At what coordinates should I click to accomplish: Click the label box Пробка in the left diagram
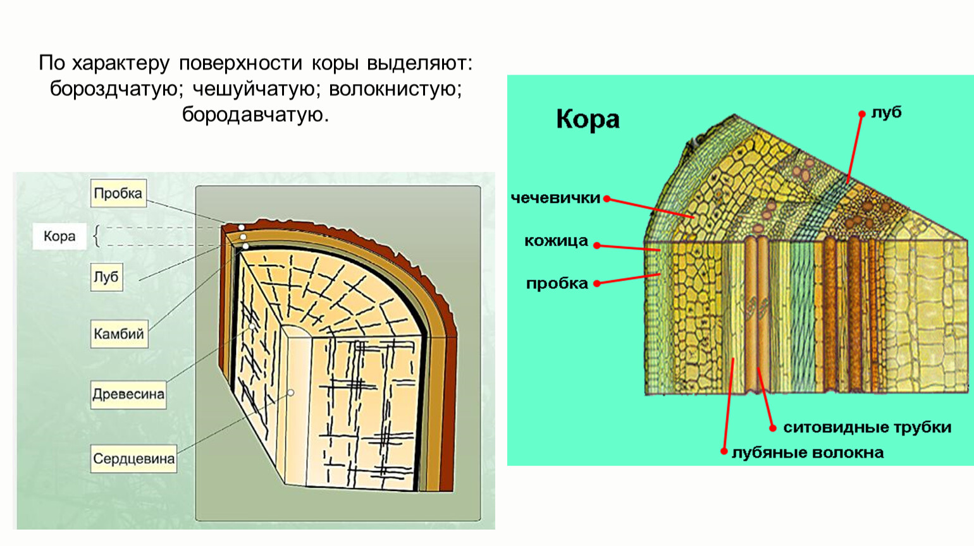pyautogui.click(x=118, y=193)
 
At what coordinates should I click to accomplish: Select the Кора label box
pyautogui.click(x=59, y=236)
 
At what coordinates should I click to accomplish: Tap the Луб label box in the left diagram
pyautogui.click(x=106, y=277)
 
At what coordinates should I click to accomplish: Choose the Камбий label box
pyautogui.click(x=119, y=334)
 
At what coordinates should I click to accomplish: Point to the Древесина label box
pyautogui.click(x=128, y=394)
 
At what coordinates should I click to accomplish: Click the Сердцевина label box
pyautogui.click(x=133, y=459)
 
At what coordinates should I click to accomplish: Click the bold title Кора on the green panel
pyautogui.click(x=588, y=119)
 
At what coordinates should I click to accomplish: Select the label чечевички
pyautogui.click(x=555, y=198)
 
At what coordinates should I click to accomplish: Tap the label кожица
pyautogui.click(x=556, y=241)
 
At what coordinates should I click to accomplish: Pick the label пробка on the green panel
pyautogui.click(x=557, y=284)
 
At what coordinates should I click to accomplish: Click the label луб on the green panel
pyautogui.click(x=886, y=112)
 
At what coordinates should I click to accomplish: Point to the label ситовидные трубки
pyautogui.click(x=867, y=428)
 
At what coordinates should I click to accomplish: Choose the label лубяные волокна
pyautogui.click(x=808, y=452)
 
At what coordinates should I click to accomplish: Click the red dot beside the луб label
pyautogui.click(x=861, y=114)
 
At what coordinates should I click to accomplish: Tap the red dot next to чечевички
pyautogui.click(x=607, y=198)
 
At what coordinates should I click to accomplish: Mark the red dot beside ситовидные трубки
pyautogui.click(x=772, y=428)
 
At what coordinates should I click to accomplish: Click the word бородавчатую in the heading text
pyautogui.click(x=256, y=114)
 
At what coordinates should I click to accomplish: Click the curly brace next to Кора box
pyautogui.click(x=96, y=236)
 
